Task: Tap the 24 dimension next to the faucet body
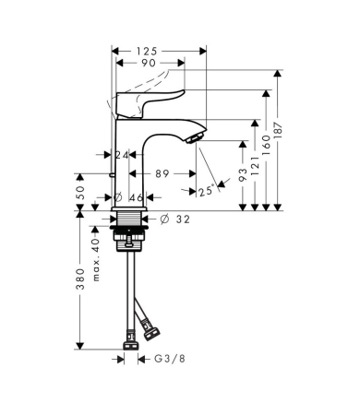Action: click(x=121, y=155)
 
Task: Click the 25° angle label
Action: click(x=210, y=191)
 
